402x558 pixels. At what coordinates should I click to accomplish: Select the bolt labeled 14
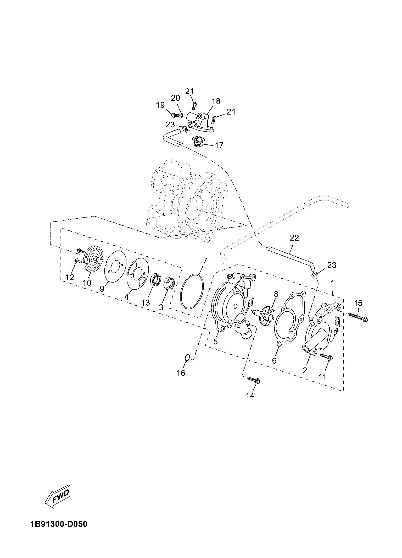(253, 380)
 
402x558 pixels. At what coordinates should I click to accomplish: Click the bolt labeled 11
(326, 357)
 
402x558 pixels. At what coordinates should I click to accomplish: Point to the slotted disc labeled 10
(93, 259)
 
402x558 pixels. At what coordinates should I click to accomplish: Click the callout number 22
(294, 238)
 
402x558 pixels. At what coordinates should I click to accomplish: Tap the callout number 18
(216, 101)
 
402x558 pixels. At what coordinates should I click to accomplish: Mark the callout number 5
(215, 342)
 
